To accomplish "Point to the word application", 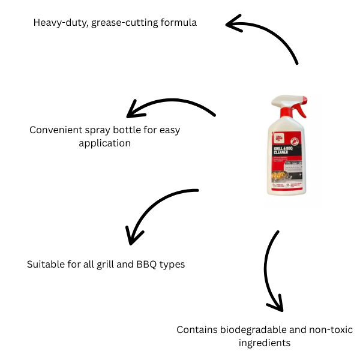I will (104, 144).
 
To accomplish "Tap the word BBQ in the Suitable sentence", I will (143, 264).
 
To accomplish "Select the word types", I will (171, 264).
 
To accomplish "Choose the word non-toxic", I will (331, 330).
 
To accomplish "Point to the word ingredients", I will (264, 343).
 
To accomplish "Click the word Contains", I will (196, 330).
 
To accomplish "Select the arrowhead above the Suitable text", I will (133, 235).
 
